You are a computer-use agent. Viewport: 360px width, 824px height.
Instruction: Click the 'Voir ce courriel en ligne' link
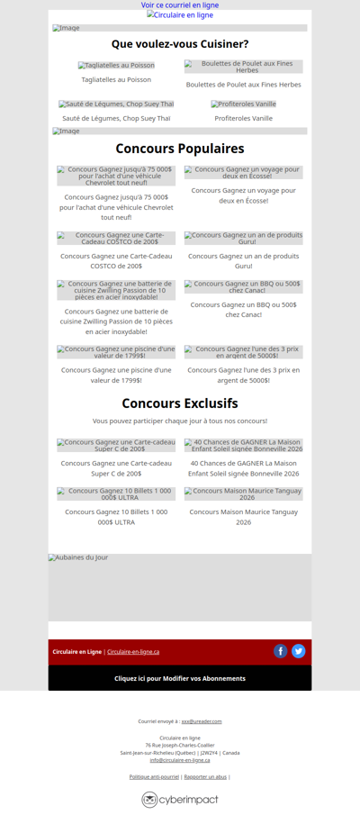(180, 5)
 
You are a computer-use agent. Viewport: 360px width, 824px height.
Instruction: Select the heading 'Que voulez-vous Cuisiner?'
(180, 44)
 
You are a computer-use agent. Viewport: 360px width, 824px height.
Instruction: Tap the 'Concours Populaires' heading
(180, 149)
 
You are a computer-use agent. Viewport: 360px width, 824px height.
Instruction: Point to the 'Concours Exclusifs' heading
(180, 403)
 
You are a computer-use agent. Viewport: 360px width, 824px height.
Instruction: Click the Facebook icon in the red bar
(281, 651)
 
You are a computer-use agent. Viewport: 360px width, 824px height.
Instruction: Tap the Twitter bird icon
(299, 651)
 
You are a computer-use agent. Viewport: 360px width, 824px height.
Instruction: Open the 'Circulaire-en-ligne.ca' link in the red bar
(133, 652)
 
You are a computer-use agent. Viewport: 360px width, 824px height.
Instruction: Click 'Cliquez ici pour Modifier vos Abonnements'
(180, 678)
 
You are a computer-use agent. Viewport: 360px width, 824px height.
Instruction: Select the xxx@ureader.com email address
(202, 721)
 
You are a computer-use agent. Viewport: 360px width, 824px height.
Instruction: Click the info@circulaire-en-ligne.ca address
(180, 760)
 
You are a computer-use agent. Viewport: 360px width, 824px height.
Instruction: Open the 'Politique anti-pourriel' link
(154, 776)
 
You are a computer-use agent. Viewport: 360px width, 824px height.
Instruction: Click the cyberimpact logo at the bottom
(180, 799)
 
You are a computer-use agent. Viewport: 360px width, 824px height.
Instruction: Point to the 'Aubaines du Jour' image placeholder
(180, 586)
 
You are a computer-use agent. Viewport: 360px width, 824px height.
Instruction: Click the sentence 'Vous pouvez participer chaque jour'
(180, 421)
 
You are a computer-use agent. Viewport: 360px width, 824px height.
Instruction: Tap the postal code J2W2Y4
(209, 753)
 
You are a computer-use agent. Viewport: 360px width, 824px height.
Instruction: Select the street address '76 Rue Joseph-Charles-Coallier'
(180, 745)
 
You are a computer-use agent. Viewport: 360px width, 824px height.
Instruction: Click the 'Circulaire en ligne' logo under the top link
(180, 15)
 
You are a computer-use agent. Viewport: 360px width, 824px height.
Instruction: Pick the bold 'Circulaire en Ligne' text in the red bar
(76, 652)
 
